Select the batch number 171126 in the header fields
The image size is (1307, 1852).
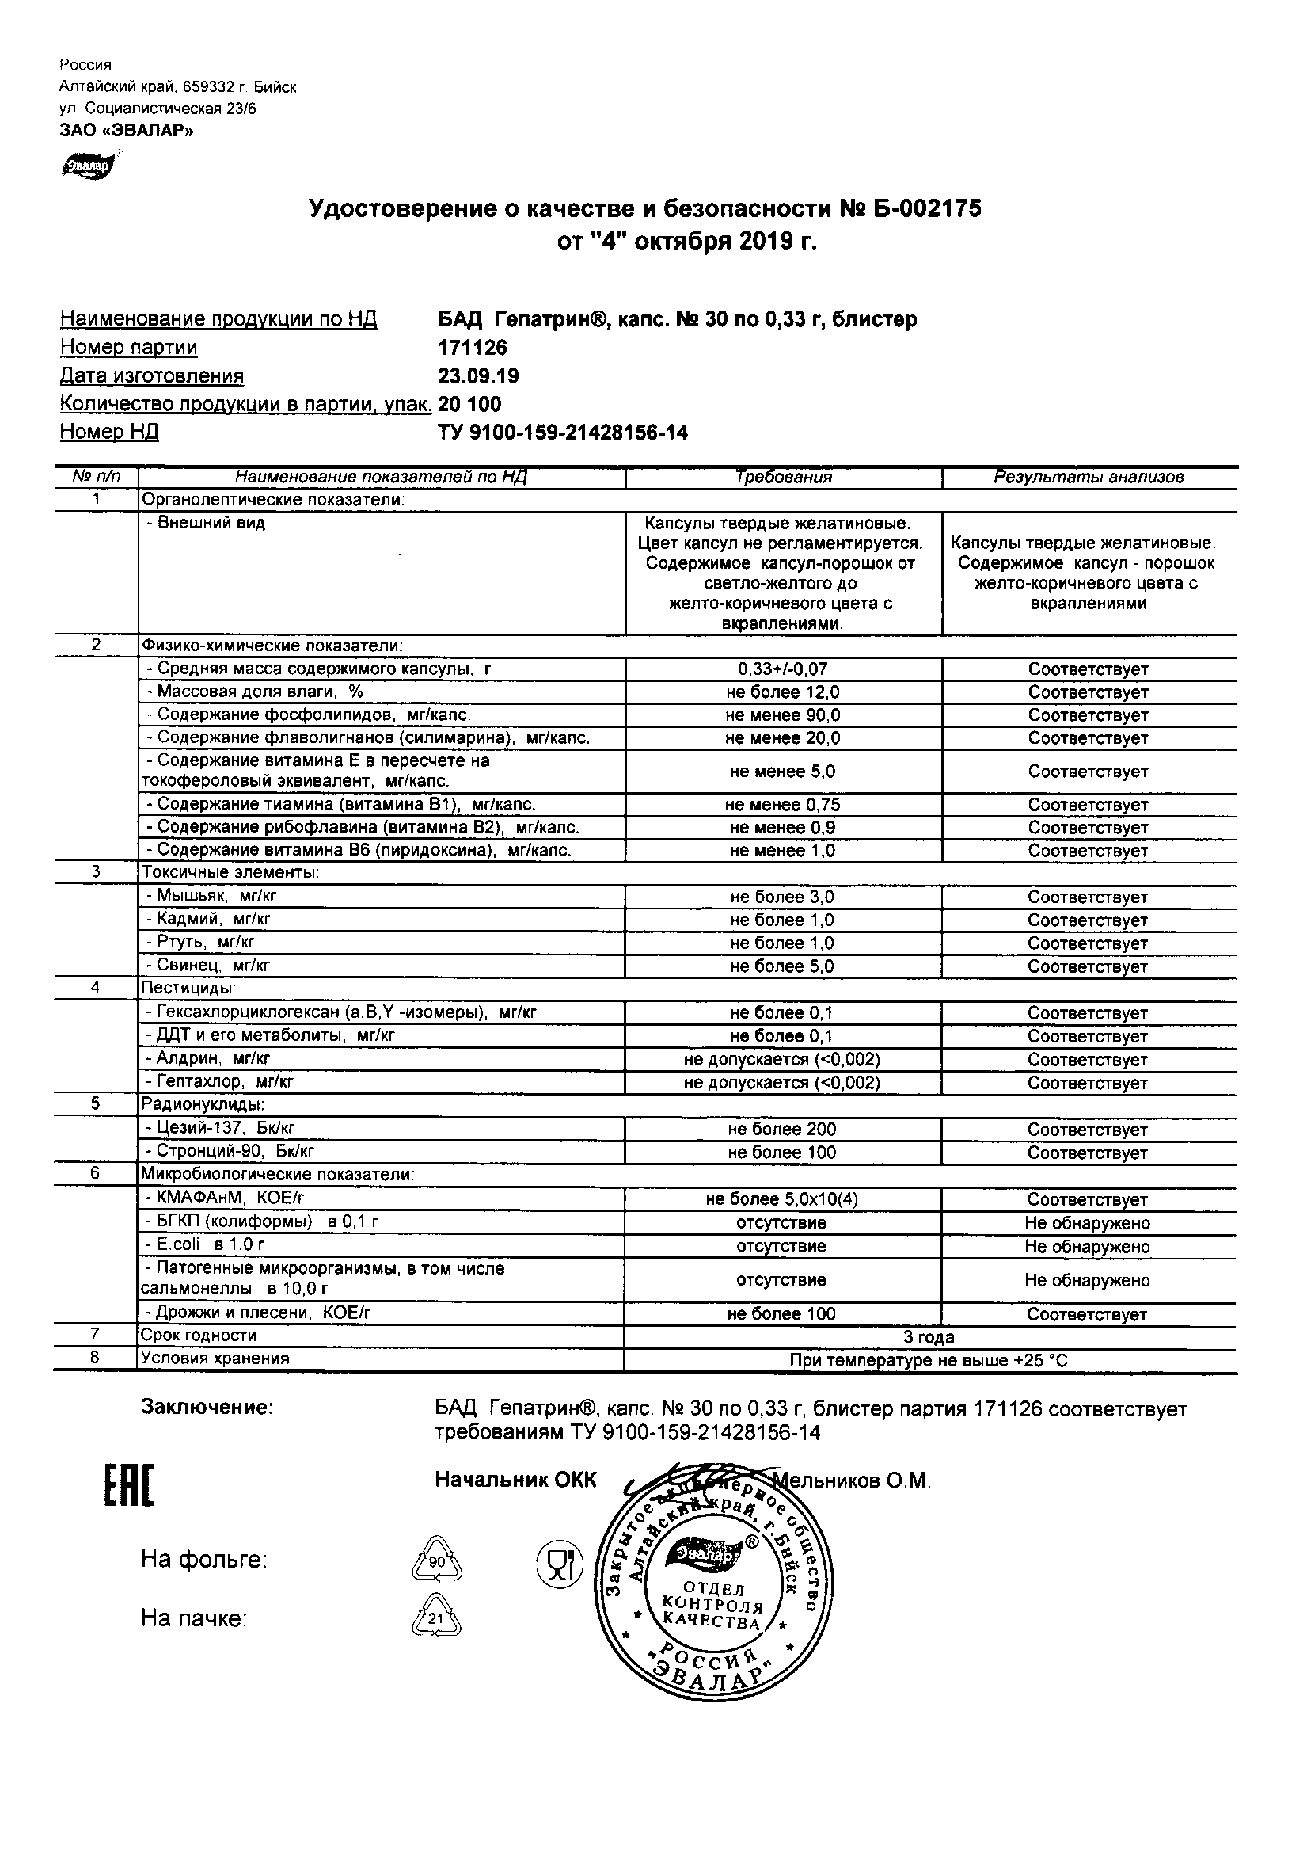473,348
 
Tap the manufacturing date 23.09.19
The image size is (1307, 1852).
478,376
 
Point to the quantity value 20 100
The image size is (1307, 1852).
469,404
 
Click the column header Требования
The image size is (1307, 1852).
783,478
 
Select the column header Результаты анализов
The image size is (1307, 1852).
1089,478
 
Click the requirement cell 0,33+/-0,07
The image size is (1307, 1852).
782,669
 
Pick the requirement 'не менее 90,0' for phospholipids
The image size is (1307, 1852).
782,715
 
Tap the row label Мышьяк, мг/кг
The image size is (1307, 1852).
211,895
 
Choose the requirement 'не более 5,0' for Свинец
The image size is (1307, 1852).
782,966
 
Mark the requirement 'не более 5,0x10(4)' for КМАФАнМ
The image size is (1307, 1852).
782,1199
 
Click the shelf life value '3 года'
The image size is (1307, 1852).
929,1337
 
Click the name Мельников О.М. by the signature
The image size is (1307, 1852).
852,1481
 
